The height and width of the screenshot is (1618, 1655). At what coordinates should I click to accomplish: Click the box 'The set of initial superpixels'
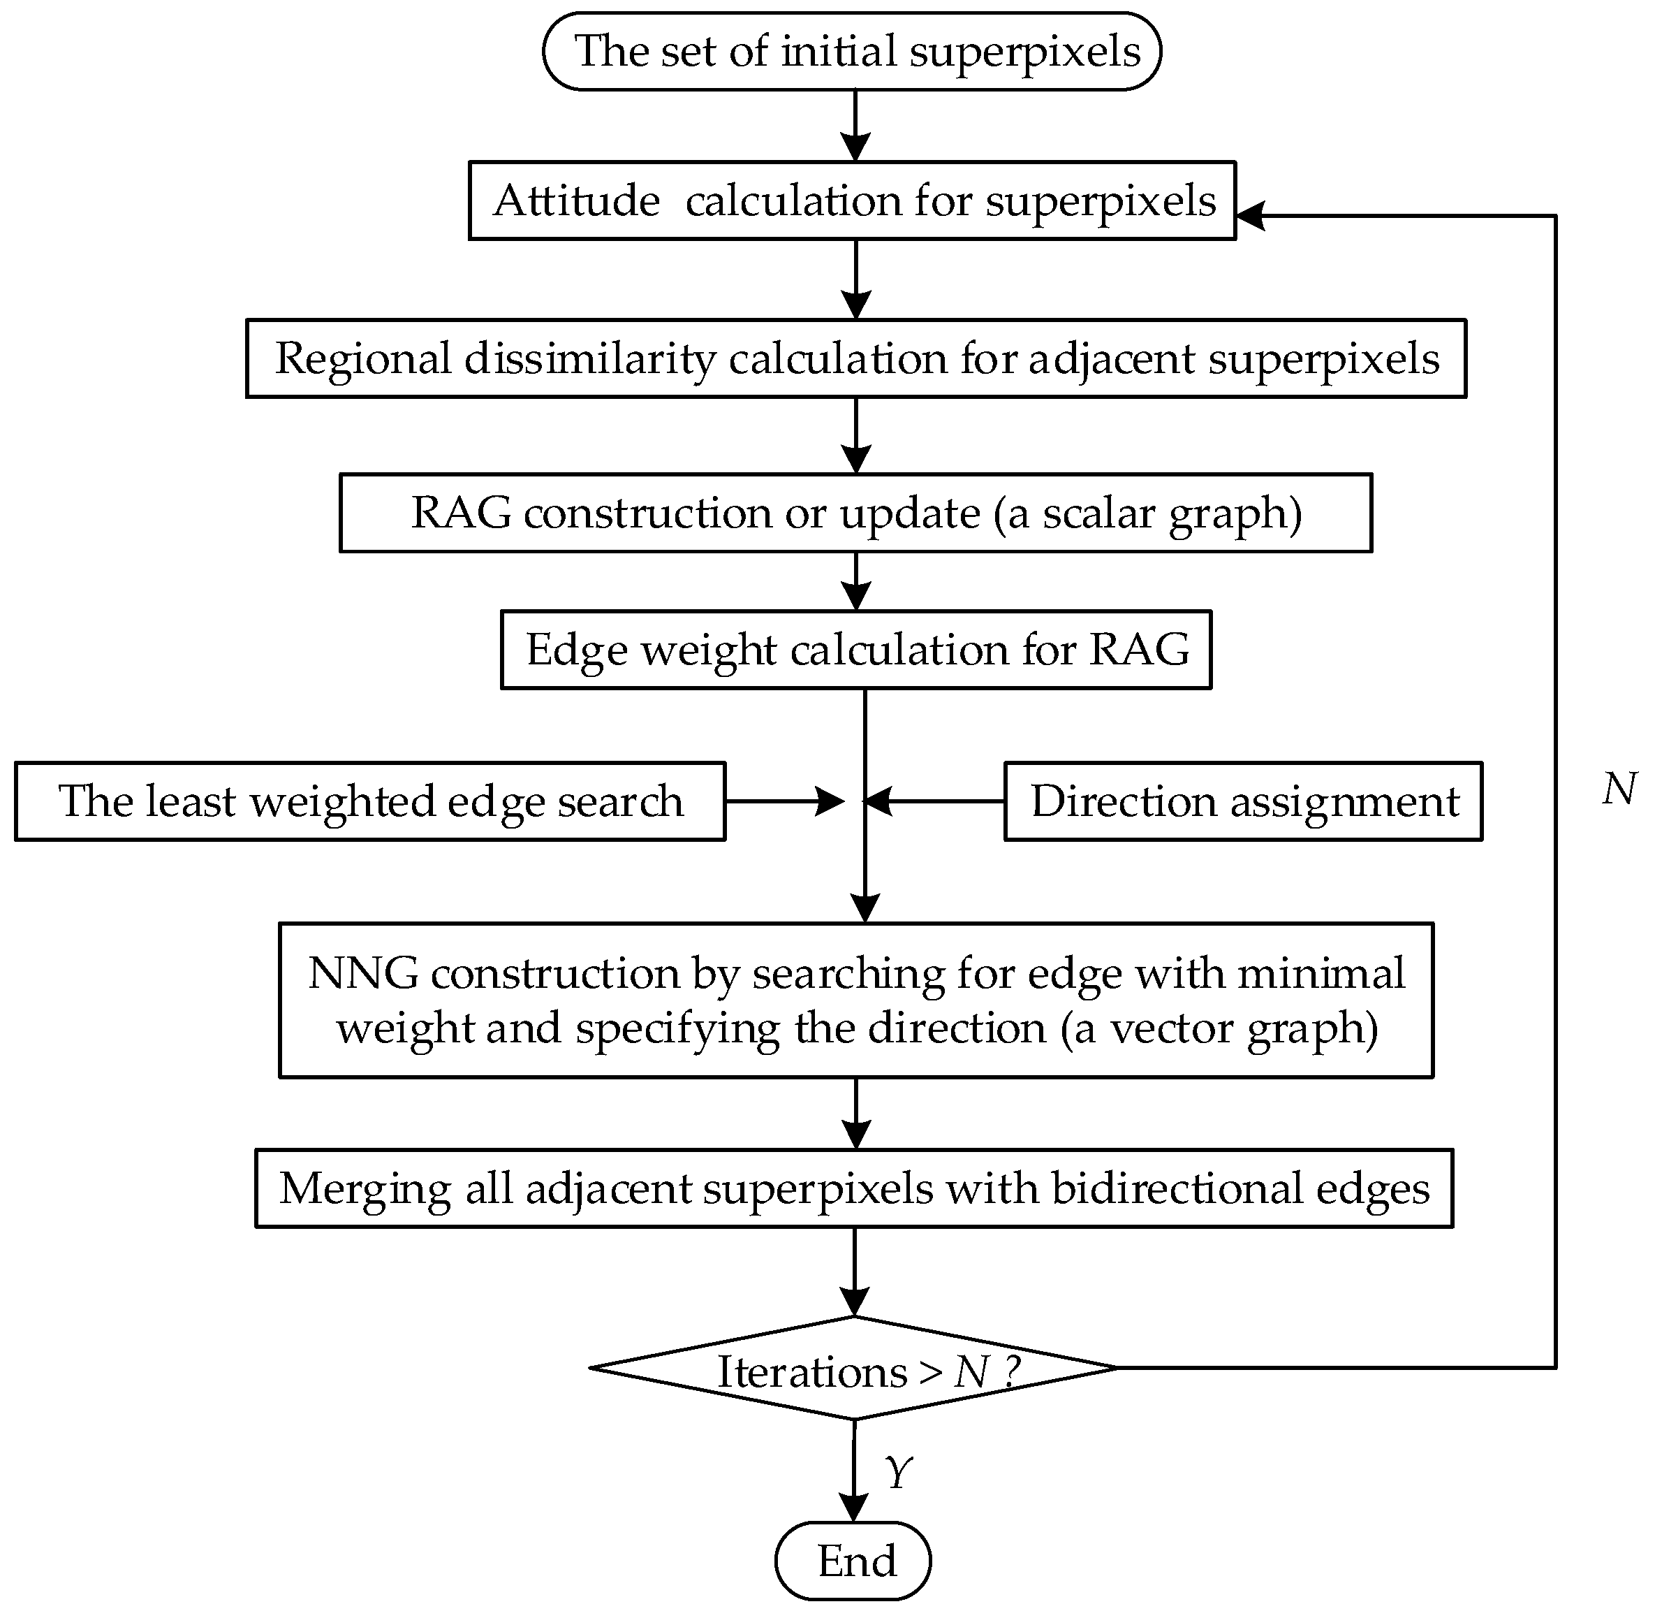(x=851, y=51)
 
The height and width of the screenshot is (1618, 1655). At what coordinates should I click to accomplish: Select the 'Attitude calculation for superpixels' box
(x=851, y=201)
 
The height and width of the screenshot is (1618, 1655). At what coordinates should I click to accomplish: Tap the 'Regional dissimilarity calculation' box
(x=855, y=358)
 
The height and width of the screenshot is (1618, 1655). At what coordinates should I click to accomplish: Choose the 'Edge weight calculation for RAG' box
(x=855, y=649)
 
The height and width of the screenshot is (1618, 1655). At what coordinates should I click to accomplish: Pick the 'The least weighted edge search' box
(x=369, y=801)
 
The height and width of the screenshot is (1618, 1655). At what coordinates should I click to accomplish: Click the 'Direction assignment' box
(x=1243, y=801)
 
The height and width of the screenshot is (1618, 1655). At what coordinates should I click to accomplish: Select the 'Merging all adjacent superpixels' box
(x=854, y=1188)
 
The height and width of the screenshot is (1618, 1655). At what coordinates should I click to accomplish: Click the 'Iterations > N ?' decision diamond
(x=854, y=1368)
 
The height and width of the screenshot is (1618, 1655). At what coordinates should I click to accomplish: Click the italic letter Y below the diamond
(x=898, y=1472)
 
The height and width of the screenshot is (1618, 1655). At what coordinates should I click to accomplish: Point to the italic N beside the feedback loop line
(x=1619, y=789)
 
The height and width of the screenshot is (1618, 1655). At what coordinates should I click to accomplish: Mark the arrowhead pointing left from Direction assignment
(x=878, y=801)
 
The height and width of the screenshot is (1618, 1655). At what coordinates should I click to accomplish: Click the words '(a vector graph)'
(x=1219, y=1028)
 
